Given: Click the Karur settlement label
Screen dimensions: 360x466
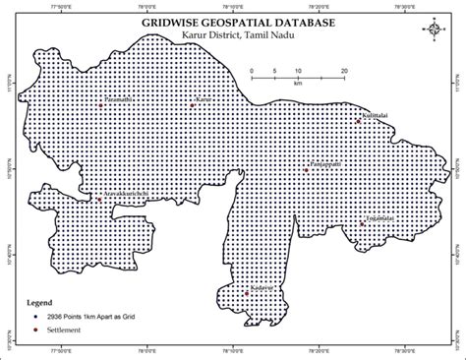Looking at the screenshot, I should coord(204,99).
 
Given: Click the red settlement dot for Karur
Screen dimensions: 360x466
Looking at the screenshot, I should coord(192,102).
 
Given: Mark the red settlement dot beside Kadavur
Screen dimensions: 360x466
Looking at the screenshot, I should coord(247,265).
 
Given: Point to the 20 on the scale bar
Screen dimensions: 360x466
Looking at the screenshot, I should coord(345,72).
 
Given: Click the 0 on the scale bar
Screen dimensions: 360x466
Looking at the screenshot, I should coord(251,72).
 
